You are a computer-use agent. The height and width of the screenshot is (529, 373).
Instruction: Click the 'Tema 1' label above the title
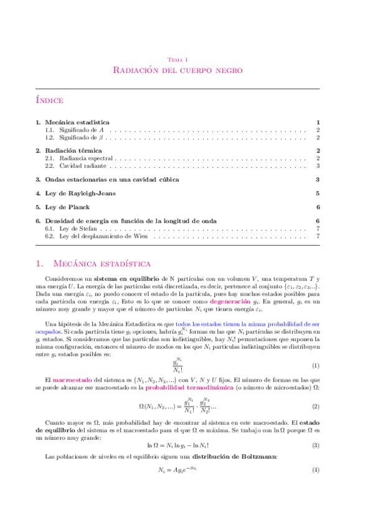pos(177,59)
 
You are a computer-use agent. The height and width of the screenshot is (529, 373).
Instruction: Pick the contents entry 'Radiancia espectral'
pos(79,158)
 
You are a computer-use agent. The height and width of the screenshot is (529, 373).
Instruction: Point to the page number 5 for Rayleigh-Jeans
pos(318,193)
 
